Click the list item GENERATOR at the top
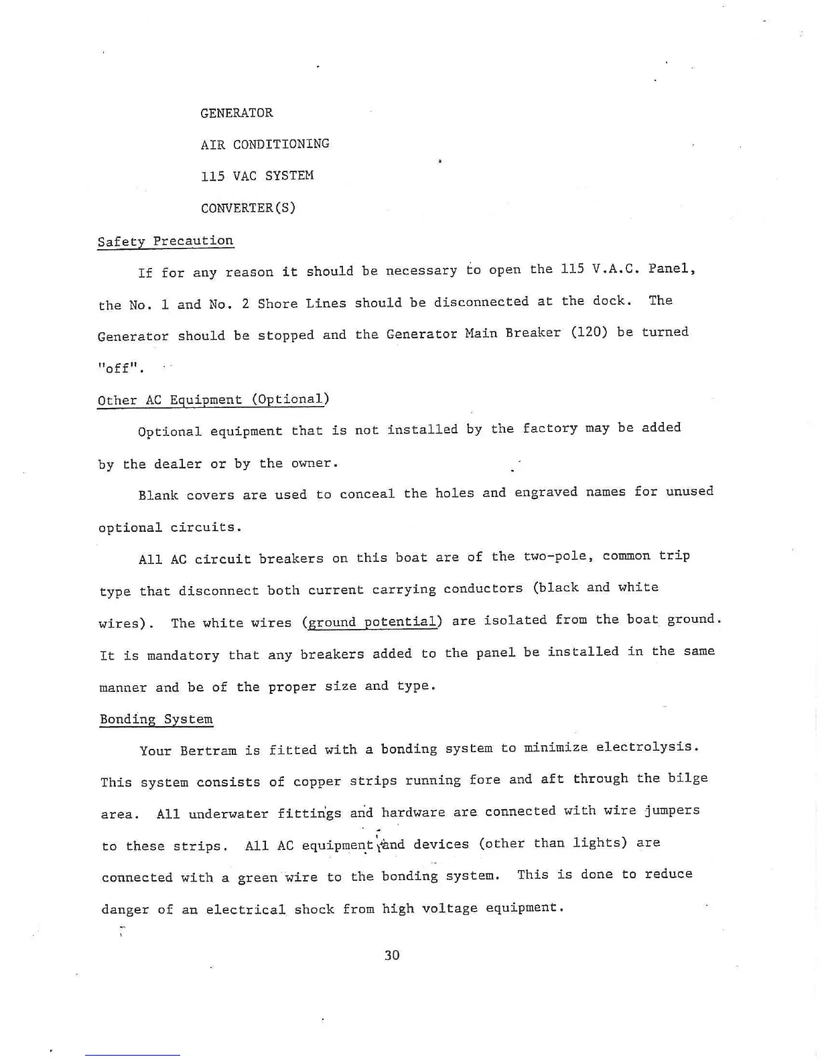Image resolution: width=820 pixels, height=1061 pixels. click(x=236, y=113)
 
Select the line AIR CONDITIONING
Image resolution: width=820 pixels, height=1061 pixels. click(x=265, y=144)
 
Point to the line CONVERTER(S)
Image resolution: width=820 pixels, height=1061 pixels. click(x=248, y=208)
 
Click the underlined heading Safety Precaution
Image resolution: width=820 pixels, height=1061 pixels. click(x=165, y=241)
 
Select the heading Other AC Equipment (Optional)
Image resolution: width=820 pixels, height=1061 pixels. click(x=214, y=400)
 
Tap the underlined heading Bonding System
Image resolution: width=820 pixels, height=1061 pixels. click(x=156, y=719)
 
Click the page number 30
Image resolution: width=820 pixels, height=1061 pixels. click(x=392, y=954)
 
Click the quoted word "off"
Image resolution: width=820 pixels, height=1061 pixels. click(x=121, y=369)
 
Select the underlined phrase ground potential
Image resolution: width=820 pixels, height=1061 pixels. click(x=372, y=622)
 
